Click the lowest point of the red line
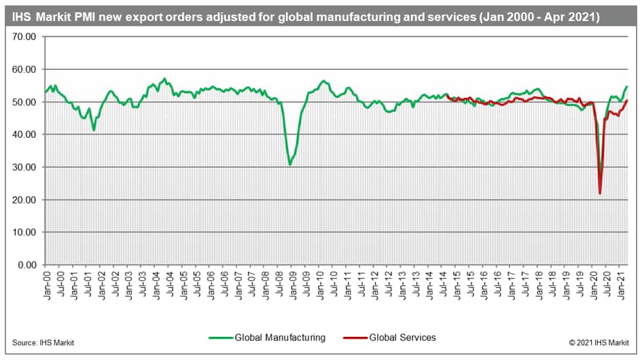point(600,194)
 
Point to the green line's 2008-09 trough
point(290,164)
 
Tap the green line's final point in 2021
point(626,86)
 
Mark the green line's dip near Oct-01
point(94,130)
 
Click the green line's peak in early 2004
point(164,79)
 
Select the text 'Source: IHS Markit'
point(43,342)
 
